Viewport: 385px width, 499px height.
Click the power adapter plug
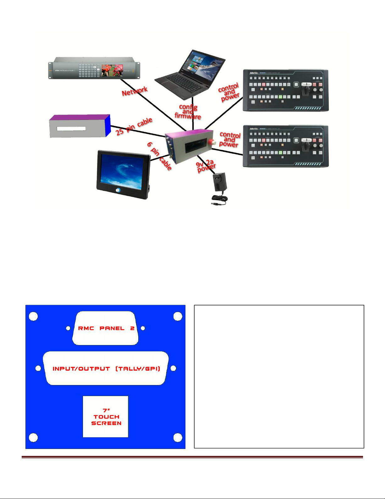(220, 183)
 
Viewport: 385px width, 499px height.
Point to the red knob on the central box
(214, 142)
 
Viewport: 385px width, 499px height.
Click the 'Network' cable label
(135, 91)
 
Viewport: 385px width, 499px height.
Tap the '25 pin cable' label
(134, 126)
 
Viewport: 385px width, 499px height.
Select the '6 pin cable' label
(160, 156)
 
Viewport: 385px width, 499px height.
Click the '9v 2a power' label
(206, 166)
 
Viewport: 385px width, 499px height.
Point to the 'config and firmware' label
(188, 112)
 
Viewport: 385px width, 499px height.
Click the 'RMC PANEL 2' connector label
(106, 328)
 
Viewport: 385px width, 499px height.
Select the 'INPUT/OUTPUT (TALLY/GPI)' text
(106, 369)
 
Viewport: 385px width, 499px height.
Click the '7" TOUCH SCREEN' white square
(106, 417)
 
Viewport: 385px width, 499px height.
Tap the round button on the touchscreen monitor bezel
(118, 190)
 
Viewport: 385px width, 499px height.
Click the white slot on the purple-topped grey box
(71, 128)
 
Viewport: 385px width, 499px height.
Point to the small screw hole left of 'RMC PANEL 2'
(68, 328)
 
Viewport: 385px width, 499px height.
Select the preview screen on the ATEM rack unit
(112, 71)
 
